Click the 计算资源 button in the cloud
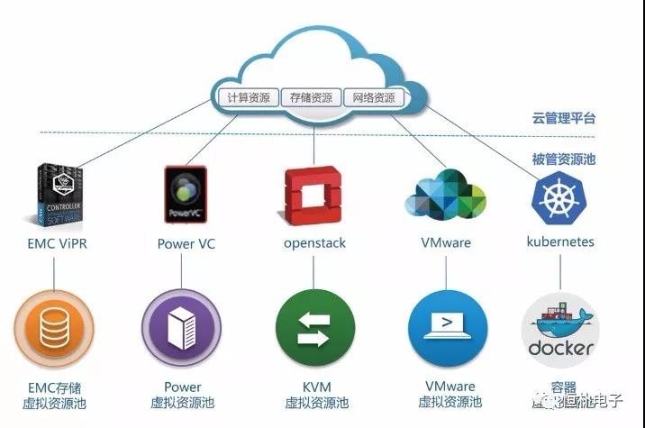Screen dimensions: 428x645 (247, 96)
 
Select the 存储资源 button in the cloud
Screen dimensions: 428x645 (311, 96)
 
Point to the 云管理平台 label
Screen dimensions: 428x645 (563, 118)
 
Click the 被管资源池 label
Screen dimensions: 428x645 (563, 159)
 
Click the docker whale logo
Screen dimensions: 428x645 (560, 329)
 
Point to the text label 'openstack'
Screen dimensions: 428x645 (314, 243)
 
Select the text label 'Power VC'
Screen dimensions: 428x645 (186, 243)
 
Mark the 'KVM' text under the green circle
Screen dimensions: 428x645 (316, 387)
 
